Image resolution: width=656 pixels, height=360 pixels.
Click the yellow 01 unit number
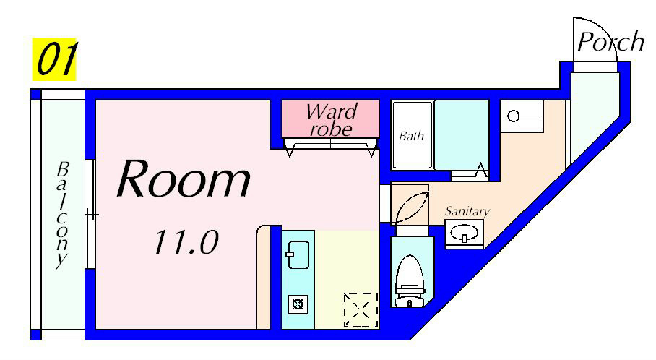(54, 59)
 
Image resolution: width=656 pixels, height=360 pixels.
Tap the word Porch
(610, 42)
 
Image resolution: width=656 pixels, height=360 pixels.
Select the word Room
(184, 180)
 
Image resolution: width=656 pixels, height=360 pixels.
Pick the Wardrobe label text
(331, 120)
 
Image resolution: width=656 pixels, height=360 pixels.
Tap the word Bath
(411, 135)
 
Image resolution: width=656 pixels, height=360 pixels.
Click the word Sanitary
(467, 211)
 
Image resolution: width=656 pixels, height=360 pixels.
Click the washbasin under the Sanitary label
(462, 233)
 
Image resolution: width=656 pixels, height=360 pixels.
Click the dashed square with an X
(361, 309)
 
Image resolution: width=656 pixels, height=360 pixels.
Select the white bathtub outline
(412, 135)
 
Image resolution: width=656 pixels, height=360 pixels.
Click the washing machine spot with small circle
(521, 116)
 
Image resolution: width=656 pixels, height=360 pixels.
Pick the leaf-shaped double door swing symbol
(410, 205)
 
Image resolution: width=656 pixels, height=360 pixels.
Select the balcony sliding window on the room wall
(90, 214)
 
